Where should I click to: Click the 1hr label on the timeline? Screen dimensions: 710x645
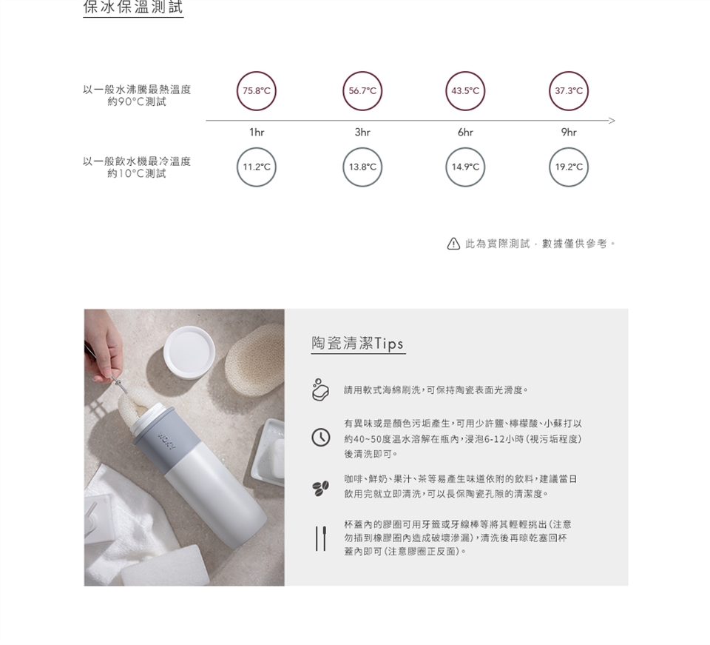[257, 132]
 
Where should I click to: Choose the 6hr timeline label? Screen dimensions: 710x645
[465, 132]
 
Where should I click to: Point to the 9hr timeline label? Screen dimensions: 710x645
[569, 132]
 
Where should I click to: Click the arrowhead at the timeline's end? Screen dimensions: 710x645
[615, 121]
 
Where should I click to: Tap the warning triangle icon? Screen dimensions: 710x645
[453, 244]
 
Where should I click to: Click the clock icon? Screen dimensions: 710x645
[320, 438]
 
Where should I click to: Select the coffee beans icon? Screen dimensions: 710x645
[320, 488]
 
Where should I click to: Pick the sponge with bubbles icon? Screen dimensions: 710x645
[320, 390]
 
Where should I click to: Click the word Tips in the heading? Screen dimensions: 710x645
[389, 344]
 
